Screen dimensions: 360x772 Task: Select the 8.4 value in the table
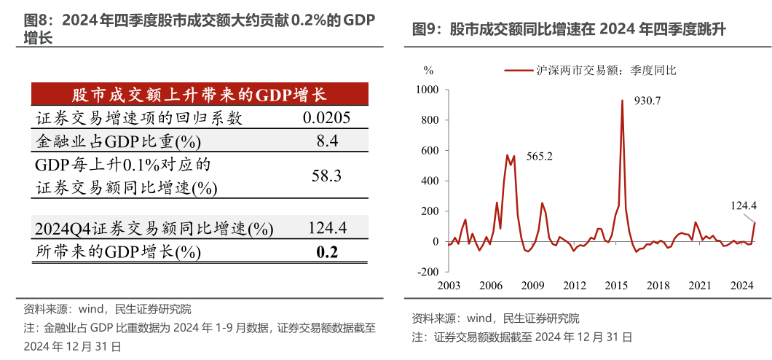(327, 141)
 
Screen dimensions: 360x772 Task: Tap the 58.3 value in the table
(327, 176)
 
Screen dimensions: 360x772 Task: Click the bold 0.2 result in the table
(327, 252)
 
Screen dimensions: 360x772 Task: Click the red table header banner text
(199, 95)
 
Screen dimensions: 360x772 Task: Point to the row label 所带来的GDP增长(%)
(117, 252)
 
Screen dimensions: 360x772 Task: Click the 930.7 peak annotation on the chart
(647, 101)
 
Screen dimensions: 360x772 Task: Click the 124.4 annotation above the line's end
(744, 206)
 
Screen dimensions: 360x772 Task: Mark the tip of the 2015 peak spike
(622, 101)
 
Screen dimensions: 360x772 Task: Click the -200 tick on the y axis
(427, 272)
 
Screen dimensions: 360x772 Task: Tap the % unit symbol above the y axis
(428, 70)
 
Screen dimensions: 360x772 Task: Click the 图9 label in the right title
(428, 30)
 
